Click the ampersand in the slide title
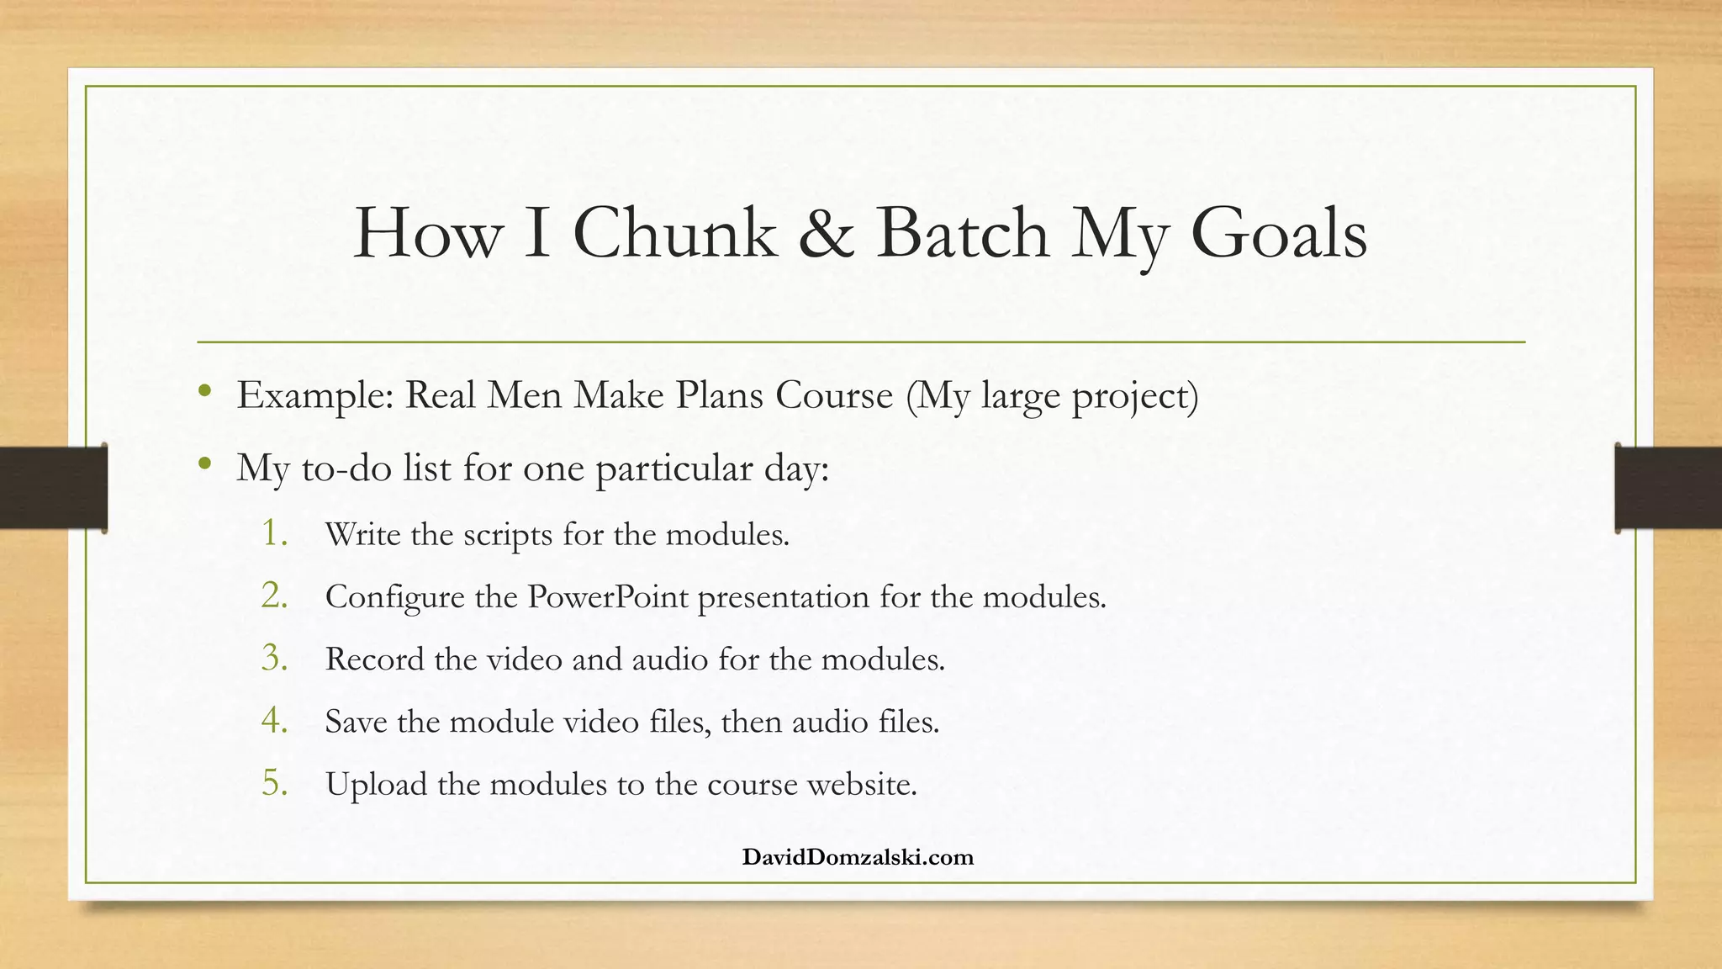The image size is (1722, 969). (x=826, y=234)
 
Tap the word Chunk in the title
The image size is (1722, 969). (x=674, y=234)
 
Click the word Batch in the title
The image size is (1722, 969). (x=963, y=234)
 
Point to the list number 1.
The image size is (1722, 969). (x=274, y=533)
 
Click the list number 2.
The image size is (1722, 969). (x=274, y=596)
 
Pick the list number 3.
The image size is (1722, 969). (x=274, y=658)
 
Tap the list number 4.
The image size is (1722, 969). (x=274, y=721)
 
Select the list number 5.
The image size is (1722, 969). (x=274, y=783)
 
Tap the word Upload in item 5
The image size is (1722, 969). (x=376, y=785)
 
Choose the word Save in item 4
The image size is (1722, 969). (x=356, y=722)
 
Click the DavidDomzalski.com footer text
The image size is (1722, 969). (x=858, y=857)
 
